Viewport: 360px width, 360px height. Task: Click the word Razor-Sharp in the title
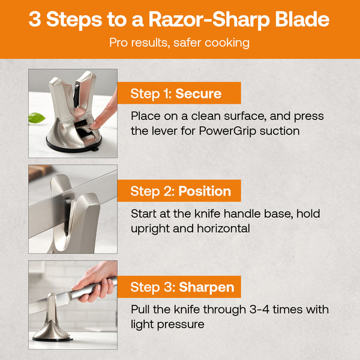[x=199, y=19]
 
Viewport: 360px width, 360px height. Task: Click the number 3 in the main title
[x=35, y=19]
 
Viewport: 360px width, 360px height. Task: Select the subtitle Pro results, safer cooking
[x=179, y=43]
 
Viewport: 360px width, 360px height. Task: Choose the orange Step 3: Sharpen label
[x=181, y=287]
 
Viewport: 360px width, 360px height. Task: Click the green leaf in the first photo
[x=37, y=118]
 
